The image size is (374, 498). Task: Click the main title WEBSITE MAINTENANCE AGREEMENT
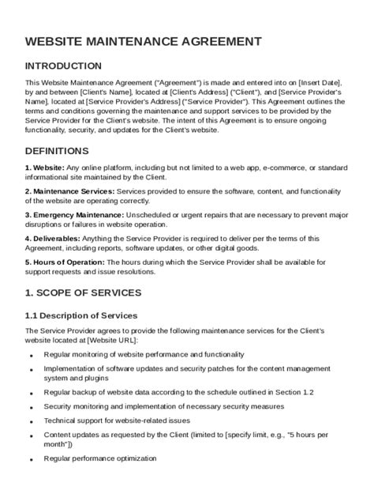click(x=143, y=40)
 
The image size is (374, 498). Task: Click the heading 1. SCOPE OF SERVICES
click(x=83, y=292)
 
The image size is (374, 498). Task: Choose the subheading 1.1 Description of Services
click(x=81, y=315)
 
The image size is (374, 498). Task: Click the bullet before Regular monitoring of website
click(x=31, y=357)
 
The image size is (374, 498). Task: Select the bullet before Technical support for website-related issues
click(x=31, y=422)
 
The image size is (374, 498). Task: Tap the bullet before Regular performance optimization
click(x=31, y=460)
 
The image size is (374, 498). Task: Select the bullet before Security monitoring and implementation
click(x=31, y=407)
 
